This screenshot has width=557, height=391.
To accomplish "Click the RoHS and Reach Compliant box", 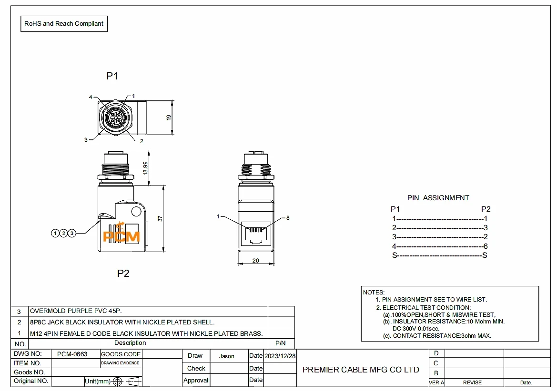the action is pyautogui.click(x=64, y=24).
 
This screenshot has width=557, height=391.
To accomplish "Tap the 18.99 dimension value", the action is pyautogui.click(x=145, y=168).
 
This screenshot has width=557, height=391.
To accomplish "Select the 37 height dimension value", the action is pyautogui.click(x=160, y=219).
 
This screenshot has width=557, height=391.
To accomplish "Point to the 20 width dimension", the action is pyautogui.click(x=256, y=261).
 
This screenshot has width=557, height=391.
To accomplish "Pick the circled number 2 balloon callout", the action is pyautogui.click(x=63, y=233).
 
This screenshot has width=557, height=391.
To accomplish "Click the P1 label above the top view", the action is pyautogui.click(x=112, y=76).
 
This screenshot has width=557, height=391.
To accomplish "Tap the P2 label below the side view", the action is pyautogui.click(x=123, y=274).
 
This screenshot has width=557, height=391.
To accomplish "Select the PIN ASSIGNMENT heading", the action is pyautogui.click(x=438, y=198).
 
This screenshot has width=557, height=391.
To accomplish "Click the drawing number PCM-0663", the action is pyautogui.click(x=72, y=354).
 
